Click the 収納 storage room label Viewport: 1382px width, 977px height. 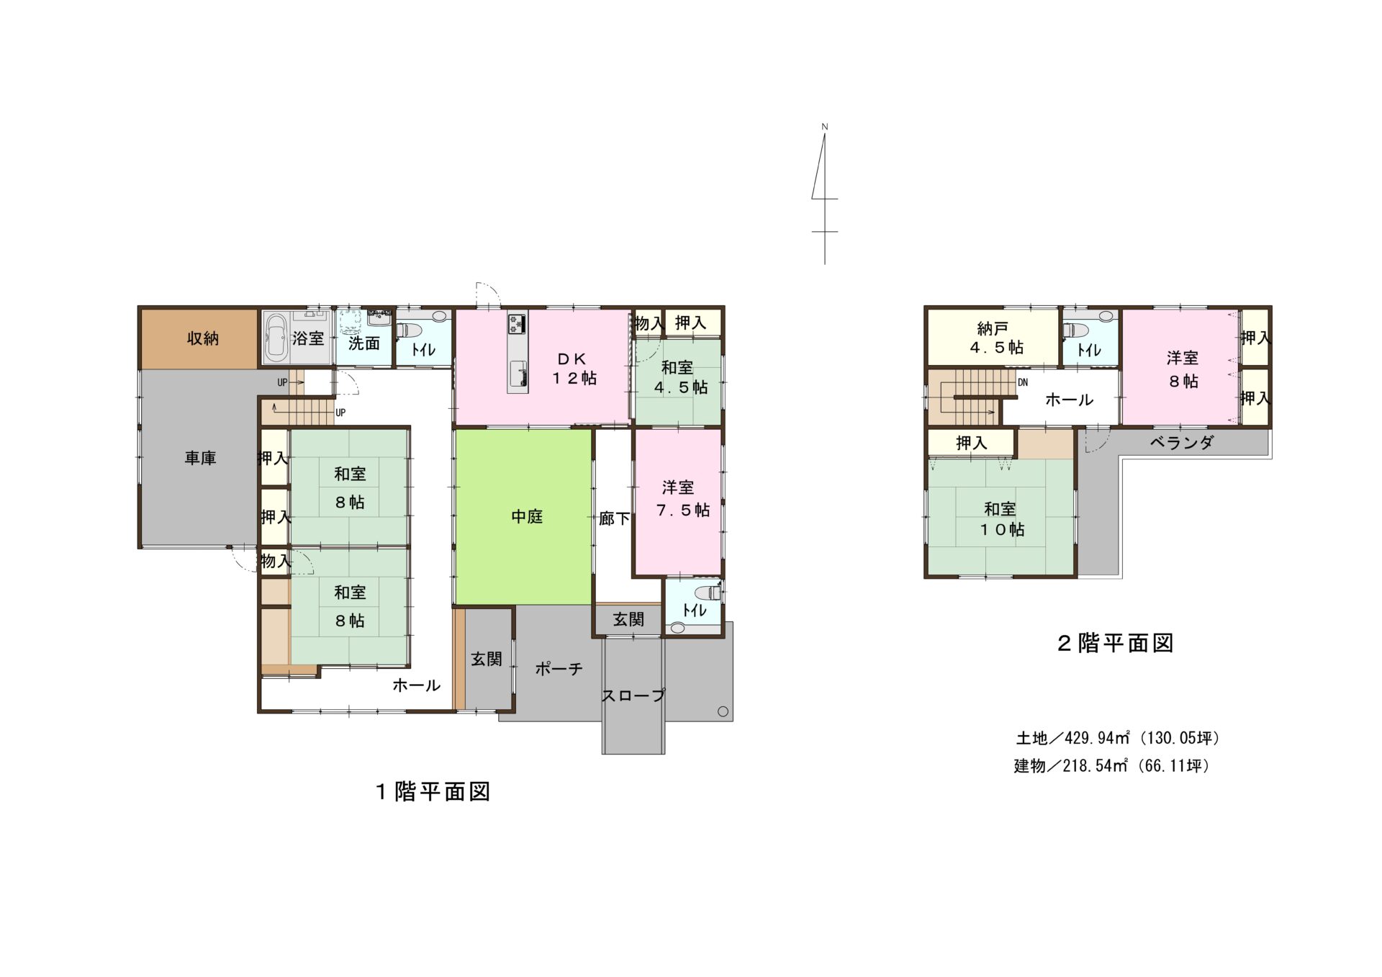(x=203, y=338)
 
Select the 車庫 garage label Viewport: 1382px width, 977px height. (x=200, y=458)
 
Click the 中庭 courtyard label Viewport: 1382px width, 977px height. (x=527, y=516)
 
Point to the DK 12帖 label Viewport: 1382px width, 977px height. (x=574, y=369)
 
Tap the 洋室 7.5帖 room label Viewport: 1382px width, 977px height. (x=682, y=499)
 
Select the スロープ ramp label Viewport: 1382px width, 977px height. (x=633, y=695)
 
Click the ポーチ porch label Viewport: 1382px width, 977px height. (x=559, y=669)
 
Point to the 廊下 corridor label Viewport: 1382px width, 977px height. (x=614, y=518)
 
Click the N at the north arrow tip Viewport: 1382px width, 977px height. (x=825, y=127)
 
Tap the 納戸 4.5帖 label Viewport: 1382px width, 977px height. (x=996, y=338)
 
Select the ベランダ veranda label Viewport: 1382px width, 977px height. (x=1181, y=443)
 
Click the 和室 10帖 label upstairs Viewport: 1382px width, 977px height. (x=1001, y=519)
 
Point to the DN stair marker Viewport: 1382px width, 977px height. (x=1023, y=383)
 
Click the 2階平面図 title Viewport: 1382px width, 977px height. (x=1115, y=643)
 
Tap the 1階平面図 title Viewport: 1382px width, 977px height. (x=433, y=792)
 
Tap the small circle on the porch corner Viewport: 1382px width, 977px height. (x=723, y=712)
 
